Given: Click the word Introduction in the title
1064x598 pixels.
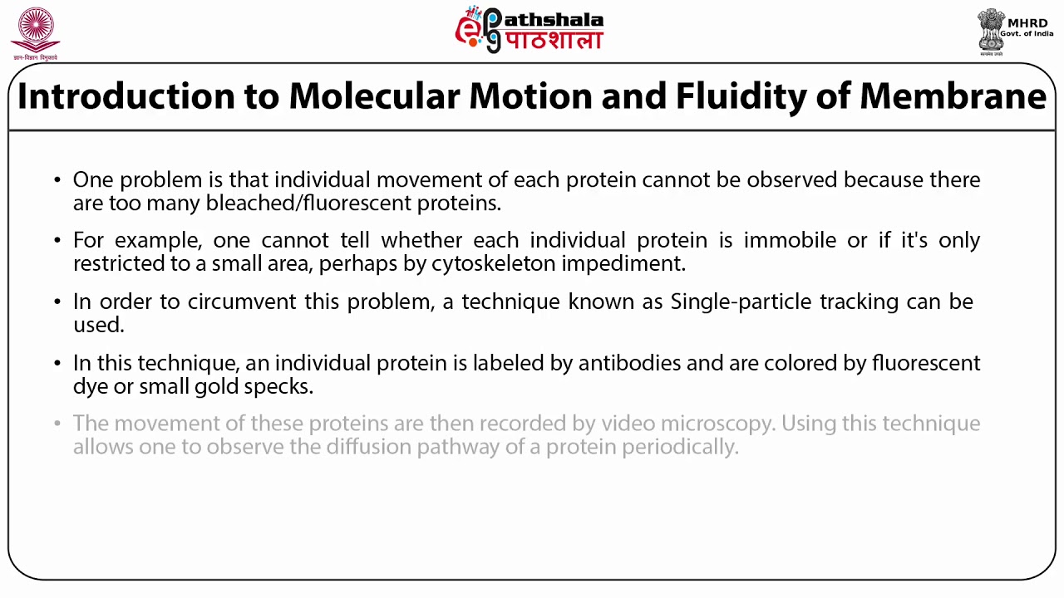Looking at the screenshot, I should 126,96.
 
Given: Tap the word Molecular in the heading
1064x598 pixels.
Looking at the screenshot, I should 373,96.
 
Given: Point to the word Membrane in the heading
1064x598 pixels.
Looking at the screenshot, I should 953,96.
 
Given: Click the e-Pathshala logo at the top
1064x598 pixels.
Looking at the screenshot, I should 529,30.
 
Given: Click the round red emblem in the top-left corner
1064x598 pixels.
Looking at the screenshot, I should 35,32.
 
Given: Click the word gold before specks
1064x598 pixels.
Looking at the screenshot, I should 215,386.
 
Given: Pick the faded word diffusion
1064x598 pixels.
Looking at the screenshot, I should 368,447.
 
